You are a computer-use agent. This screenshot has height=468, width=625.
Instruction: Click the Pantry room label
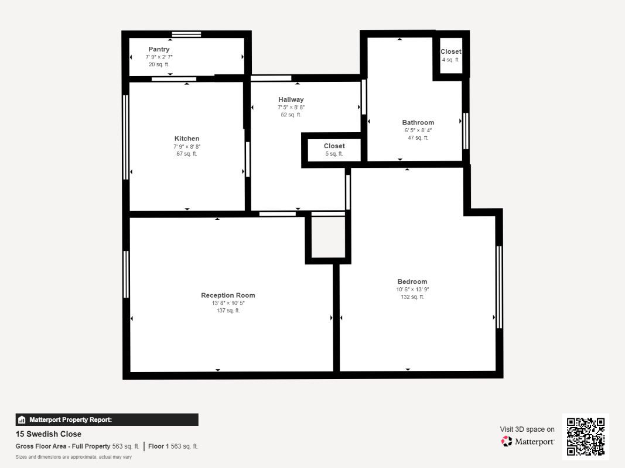coord(159,49)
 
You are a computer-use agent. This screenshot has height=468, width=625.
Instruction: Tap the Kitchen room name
coord(186,139)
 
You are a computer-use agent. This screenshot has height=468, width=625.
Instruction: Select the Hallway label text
coord(291,99)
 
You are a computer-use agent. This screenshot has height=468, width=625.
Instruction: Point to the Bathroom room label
coord(418,122)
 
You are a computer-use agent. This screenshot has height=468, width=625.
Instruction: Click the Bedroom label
coord(412,281)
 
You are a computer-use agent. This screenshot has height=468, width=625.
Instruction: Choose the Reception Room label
coord(228,295)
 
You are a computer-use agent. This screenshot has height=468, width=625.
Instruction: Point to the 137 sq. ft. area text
coord(228,311)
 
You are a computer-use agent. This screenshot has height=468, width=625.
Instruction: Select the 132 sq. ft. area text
coord(412,297)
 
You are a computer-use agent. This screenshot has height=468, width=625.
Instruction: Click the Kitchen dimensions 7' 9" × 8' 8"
coord(186,146)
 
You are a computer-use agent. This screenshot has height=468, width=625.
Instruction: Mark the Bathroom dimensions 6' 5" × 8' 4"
coord(418,130)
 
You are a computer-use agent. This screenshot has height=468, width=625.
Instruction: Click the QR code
coord(586,436)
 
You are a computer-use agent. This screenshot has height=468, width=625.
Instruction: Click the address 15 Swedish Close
coord(49,434)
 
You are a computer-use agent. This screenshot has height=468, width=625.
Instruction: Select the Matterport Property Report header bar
coord(107,419)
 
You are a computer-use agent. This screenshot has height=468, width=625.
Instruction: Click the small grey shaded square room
coord(327,237)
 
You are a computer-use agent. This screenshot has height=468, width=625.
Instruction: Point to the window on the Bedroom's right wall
coord(499,287)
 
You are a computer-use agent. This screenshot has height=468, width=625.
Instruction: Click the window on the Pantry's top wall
coord(186,34)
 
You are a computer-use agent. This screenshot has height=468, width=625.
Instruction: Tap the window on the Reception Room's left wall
coord(126,274)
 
